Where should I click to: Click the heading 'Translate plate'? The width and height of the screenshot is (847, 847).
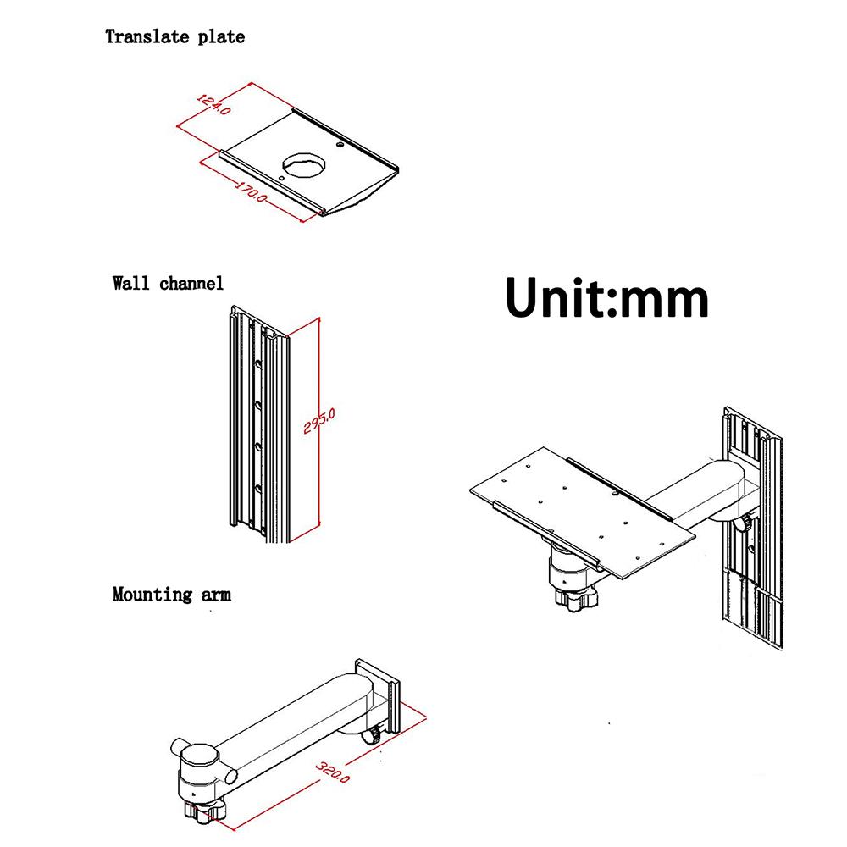pyautogui.click(x=174, y=36)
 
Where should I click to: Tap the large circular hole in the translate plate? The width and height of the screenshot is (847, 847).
pyautogui.click(x=304, y=163)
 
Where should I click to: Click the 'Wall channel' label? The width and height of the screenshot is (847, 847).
pyautogui.click(x=168, y=282)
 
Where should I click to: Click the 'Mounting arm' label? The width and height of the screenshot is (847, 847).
pyautogui.click(x=171, y=594)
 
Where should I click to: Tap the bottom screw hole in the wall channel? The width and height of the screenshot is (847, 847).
pyautogui.click(x=257, y=486)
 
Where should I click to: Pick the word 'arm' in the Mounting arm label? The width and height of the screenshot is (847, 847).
pyautogui.click(x=216, y=594)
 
